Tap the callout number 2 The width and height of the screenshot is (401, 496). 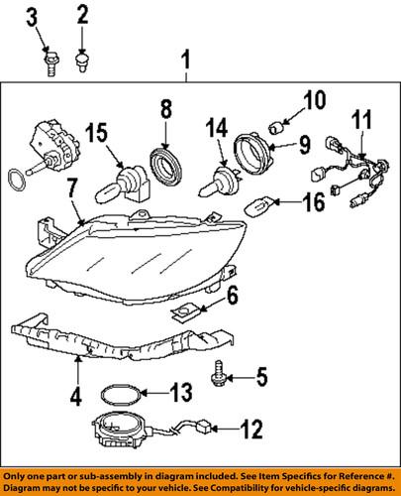tap(83, 14)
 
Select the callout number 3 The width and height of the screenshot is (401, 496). tap(33, 15)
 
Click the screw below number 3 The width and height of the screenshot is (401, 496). tap(49, 64)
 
